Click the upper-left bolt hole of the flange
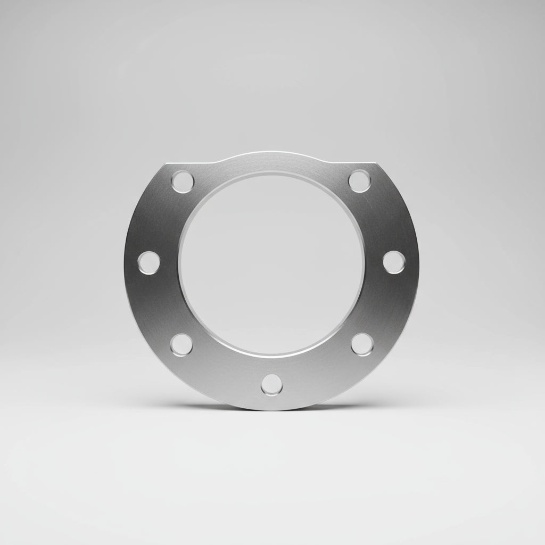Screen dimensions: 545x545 [x=182, y=181]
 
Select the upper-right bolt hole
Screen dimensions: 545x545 [x=360, y=181]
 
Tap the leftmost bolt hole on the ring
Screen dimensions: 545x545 [x=148, y=262]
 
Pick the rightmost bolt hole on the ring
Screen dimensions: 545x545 [x=394, y=262]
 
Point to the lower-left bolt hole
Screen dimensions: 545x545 [x=182, y=344]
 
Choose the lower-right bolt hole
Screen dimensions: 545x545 [x=362, y=344]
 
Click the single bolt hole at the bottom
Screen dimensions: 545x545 [x=271, y=384]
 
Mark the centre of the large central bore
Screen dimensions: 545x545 [x=271, y=263]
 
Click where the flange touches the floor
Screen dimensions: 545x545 [x=271, y=409]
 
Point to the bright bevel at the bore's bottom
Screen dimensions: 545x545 [x=271, y=353]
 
